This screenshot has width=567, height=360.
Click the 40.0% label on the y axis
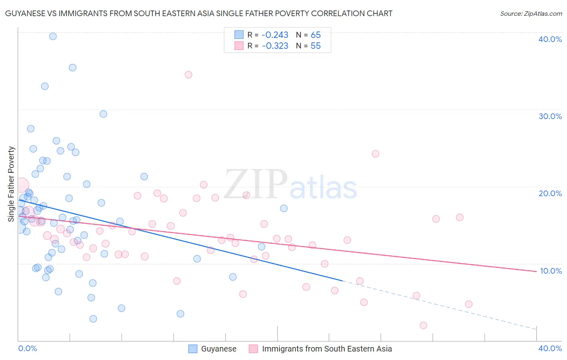pyautogui.click(x=550, y=39)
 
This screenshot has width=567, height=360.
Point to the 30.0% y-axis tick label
pyautogui.click(x=550, y=116)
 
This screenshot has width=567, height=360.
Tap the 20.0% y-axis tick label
pyautogui.click(x=550, y=193)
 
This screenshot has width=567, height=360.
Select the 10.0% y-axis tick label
pyautogui.click(x=551, y=271)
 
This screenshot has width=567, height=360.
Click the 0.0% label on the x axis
pyautogui.click(x=27, y=348)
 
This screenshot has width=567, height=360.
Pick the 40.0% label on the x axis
pyautogui.click(x=550, y=348)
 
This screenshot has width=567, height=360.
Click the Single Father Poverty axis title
pyautogui.click(x=11, y=184)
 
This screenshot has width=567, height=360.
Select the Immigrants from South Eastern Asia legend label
pyautogui.click(x=327, y=349)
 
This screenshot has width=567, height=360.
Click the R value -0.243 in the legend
pyautogui.click(x=275, y=35)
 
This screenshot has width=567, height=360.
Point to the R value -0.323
pyautogui.click(x=275, y=46)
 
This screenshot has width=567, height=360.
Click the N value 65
pyautogui.click(x=315, y=35)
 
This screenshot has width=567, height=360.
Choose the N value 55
pyautogui.click(x=315, y=46)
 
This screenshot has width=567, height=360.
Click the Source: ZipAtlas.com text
pyautogui.click(x=531, y=14)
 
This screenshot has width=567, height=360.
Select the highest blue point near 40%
pyautogui.click(x=53, y=36)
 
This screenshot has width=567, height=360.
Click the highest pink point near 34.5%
pyautogui.click(x=188, y=75)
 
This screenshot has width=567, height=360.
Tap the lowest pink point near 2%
pyautogui.click(x=423, y=325)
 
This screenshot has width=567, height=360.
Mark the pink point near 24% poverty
pyautogui.click(x=375, y=154)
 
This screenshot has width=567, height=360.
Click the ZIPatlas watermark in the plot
pyautogui.click(x=290, y=185)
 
